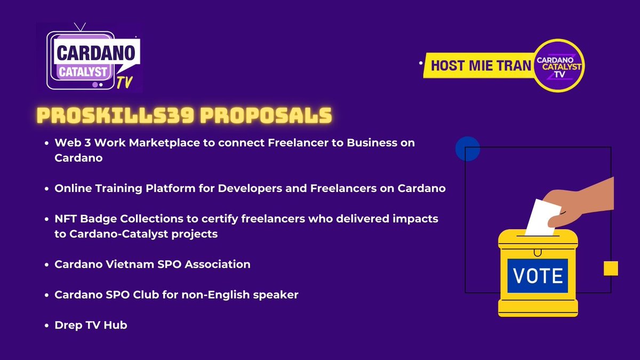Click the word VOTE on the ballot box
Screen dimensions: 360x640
538,276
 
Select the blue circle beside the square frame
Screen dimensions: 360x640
468,149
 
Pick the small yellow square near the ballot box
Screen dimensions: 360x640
611,268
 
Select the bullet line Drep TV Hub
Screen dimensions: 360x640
91,324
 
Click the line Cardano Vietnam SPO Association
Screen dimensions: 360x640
152,264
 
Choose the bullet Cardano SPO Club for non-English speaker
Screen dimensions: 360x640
176,294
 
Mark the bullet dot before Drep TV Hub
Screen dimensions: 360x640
47,325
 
